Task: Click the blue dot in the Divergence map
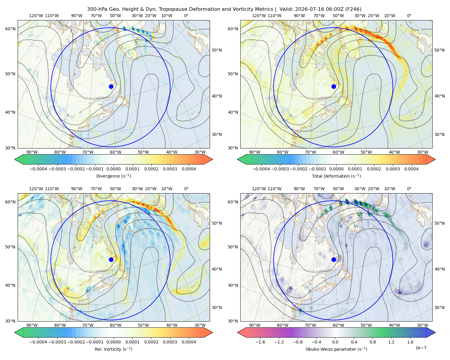point(111,86)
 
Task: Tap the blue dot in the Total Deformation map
point(334,86)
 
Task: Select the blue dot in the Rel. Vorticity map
point(111,259)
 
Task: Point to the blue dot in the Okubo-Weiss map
point(334,259)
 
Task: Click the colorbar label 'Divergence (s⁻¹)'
point(113,176)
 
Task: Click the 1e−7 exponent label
point(421,348)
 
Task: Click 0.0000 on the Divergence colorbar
point(113,169)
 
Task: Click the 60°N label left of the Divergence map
point(10,29)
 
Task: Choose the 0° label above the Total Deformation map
point(409,16)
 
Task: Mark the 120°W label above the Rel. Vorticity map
point(36,188)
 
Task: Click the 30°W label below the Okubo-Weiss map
point(422,325)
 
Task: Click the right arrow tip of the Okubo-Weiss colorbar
point(435,332)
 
